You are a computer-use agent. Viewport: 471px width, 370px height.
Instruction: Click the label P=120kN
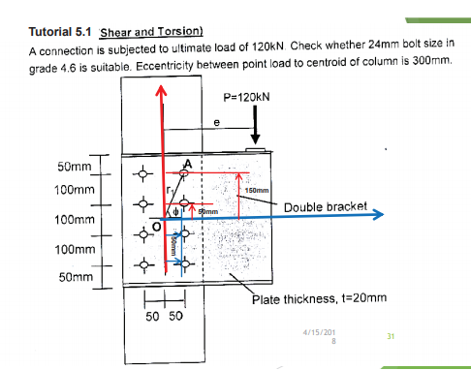tap(246, 97)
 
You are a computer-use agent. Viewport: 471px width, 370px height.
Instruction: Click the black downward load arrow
tap(254, 124)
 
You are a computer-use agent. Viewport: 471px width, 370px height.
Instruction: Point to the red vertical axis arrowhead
tap(162, 89)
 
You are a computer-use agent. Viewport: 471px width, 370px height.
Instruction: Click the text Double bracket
tap(321, 206)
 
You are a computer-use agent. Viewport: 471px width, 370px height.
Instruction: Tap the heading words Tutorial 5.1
tap(62, 32)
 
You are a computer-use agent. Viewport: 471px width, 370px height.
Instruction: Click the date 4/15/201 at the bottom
tap(320, 332)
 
